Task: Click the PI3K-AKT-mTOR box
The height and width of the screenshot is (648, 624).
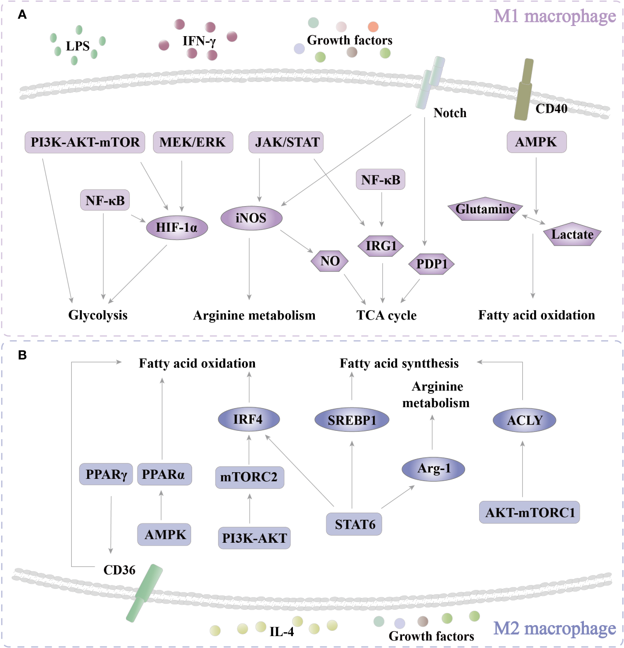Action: pyautogui.click(x=85, y=142)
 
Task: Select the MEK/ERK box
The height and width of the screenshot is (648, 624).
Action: pyautogui.click(x=193, y=142)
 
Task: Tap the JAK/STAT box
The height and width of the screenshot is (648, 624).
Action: pyautogui.click(x=286, y=142)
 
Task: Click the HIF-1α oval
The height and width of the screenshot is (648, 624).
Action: pyautogui.click(x=177, y=227)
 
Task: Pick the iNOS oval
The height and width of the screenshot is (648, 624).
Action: pyautogui.click(x=251, y=218)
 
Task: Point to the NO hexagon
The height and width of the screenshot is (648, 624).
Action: pyautogui.click(x=330, y=261)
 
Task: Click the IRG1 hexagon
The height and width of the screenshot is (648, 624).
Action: pyautogui.click(x=381, y=246)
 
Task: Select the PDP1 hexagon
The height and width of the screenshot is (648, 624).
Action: pyautogui.click(x=432, y=264)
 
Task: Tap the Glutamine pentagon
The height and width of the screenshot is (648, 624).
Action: pyautogui.click(x=485, y=209)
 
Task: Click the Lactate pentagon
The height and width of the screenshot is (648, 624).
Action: pyautogui.click(x=572, y=235)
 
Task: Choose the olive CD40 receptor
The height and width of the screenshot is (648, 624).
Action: pyautogui.click(x=524, y=90)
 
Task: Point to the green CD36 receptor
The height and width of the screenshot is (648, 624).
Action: pyautogui.click(x=144, y=593)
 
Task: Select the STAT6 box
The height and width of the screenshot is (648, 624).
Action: pyautogui.click(x=354, y=524)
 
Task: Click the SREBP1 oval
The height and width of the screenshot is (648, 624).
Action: pyautogui.click(x=352, y=420)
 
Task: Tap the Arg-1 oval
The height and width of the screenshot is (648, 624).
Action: pyautogui.click(x=433, y=468)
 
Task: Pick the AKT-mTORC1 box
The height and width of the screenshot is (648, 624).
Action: pyautogui.click(x=529, y=512)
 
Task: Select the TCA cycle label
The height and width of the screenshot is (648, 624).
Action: pyautogui.click(x=386, y=315)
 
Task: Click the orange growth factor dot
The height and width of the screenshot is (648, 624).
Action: pyautogui.click(x=373, y=27)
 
